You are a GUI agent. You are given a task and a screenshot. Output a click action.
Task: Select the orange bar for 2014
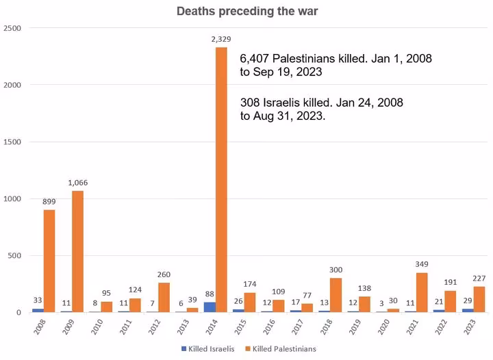coord(221,179)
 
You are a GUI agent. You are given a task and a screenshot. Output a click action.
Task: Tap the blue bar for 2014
coord(210,307)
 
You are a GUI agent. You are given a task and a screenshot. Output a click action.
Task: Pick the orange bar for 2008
coord(49,261)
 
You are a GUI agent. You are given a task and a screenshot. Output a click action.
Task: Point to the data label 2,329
coord(221,40)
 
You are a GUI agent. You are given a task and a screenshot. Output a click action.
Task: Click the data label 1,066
coord(77,183)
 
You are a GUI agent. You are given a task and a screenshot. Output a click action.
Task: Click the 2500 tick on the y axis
coord(12,28)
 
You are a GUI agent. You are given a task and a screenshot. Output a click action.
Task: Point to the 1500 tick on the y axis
coord(12,142)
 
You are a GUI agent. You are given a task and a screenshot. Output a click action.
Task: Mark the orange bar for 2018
coord(336,295)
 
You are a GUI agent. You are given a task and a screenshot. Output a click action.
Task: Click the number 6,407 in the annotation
coord(255,58)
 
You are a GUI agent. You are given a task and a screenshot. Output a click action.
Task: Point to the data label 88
coord(210,294)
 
